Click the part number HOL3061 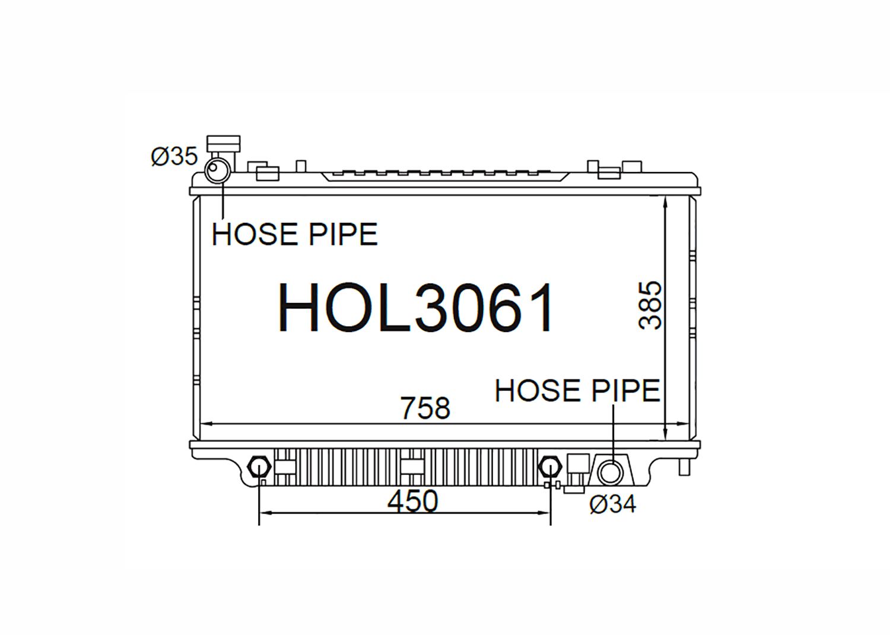pos(415,307)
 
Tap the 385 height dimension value pos(650,305)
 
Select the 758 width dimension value pos(425,408)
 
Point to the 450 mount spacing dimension pos(412,501)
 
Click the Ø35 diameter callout pos(174,156)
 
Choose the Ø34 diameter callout pos(613,505)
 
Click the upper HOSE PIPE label pos(294,234)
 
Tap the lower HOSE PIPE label pos(577,390)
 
